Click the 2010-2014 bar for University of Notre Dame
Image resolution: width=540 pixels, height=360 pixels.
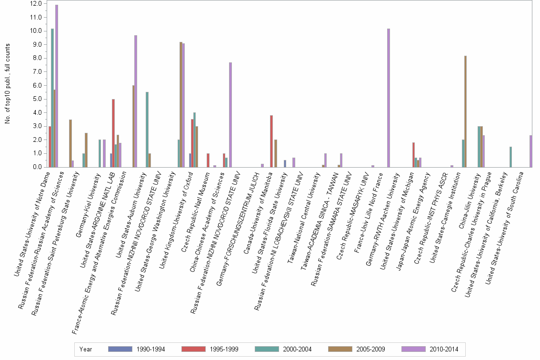(57, 86)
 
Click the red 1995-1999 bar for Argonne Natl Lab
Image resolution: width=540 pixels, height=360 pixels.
(113, 133)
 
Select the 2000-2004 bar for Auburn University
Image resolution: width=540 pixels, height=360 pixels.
(147, 129)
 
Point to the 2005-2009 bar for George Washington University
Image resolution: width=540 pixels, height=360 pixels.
(180, 104)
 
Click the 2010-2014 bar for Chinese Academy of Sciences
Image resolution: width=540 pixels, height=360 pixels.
(230, 114)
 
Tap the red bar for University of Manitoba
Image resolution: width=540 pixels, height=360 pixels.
(271, 141)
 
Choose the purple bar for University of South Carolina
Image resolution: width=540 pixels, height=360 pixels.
(530, 151)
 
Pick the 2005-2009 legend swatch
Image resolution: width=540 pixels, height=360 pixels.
(340, 349)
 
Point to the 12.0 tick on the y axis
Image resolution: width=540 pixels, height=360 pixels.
(36, 4)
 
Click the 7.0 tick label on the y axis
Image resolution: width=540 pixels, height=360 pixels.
(36, 72)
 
